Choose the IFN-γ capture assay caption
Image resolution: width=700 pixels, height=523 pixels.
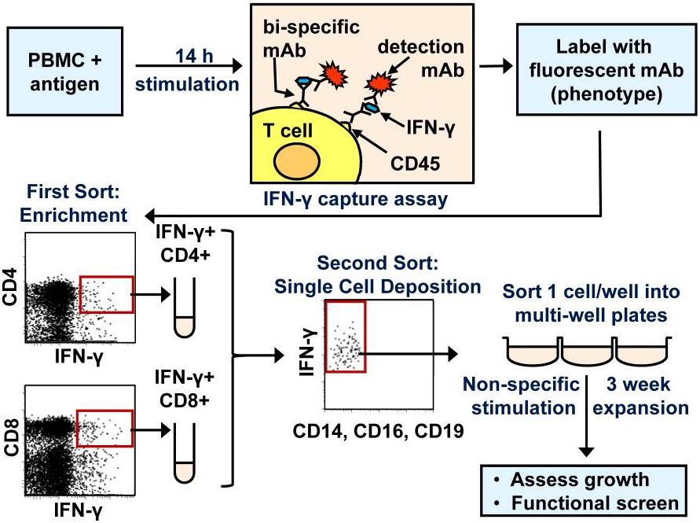click(x=355, y=199)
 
